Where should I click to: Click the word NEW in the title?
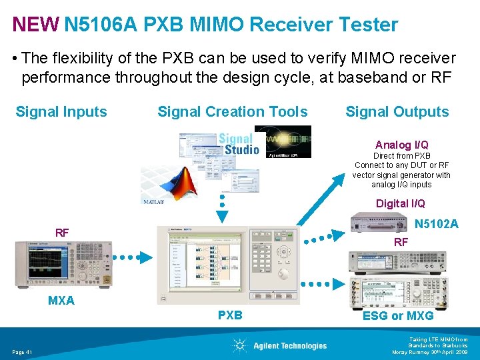coord(35,25)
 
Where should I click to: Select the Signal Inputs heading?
coord(61,112)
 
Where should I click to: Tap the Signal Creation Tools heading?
coord(233,112)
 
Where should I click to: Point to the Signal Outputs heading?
coord(397,112)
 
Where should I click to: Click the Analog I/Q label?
coord(401,145)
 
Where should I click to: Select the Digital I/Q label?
coord(400,203)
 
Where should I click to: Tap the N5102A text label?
coord(436,224)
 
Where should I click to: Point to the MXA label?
coord(61,301)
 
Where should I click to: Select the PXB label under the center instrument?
coord(230,315)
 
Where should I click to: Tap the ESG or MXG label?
coord(397,315)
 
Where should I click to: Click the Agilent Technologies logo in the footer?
coord(280,345)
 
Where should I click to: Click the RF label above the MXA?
coord(62,233)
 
